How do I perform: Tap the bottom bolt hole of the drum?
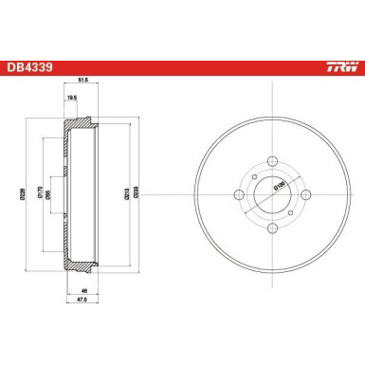(x=270, y=229)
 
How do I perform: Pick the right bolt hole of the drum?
(x=306, y=193)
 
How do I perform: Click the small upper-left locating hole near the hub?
(x=253, y=176)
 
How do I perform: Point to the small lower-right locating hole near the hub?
(x=287, y=210)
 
